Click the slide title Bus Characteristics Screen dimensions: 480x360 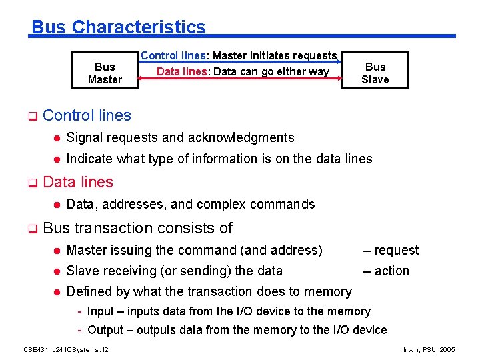[119, 27]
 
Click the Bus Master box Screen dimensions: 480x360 [105, 73]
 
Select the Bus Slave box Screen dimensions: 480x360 [375, 73]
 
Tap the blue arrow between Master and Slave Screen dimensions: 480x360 [240, 64]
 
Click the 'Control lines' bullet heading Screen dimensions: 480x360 [87, 115]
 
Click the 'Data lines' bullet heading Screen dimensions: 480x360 [78, 182]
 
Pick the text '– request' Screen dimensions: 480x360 [391, 250]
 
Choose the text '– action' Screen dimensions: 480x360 [386, 271]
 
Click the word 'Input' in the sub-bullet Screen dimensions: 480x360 [101, 311]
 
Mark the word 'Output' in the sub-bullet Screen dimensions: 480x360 [106, 330]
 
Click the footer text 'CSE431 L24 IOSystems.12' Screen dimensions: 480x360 [66, 349]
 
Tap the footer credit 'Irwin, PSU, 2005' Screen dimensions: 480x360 [430, 349]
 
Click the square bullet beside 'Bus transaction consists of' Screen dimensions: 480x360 [31, 229]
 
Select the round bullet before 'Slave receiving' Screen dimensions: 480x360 [57, 271]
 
